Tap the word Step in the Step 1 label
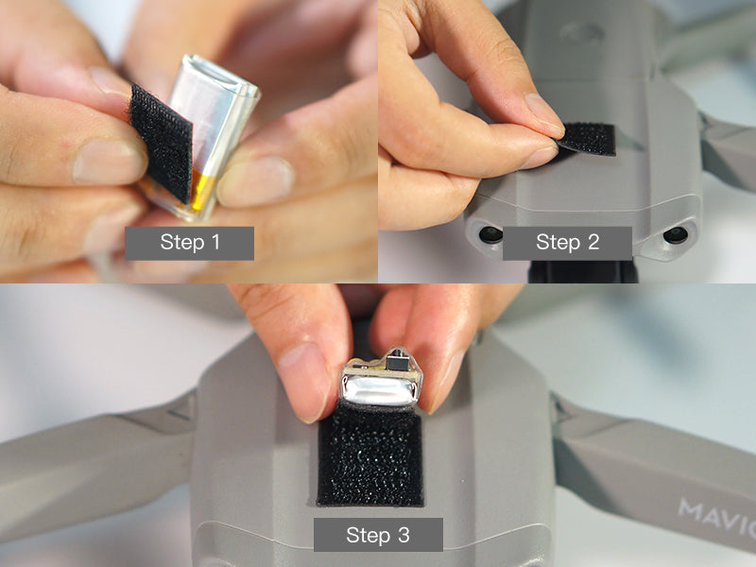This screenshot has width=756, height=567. (x=182, y=243)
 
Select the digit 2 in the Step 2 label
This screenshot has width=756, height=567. (x=593, y=242)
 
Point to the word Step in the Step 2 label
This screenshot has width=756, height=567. (x=558, y=243)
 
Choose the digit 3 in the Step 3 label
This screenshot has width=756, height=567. (x=404, y=535)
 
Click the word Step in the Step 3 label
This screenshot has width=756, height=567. (x=369, y=536)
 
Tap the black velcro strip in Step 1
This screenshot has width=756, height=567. (x=162, y=143)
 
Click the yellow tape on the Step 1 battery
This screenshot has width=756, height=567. (x=203, y=192)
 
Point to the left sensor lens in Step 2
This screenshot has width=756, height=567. (x=490, y=234)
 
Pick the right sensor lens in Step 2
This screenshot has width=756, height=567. (x=676, y=234)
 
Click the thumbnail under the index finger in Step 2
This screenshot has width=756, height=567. (x=539, y=157)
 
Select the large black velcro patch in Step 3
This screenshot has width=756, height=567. (x=370, y=457)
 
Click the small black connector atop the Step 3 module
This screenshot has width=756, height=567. (x=397, y=362)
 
